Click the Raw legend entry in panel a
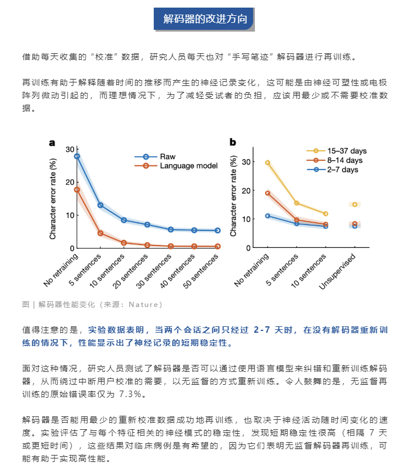[x=167, y=157]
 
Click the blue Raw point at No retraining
[x=77, y=156]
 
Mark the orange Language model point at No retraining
[x=77, y=189]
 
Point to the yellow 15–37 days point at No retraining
[x=268, y=163]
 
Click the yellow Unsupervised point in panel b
[x=355, y=204]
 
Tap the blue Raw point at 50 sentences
[x=217, y=230]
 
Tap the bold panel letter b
[x=233, y=142]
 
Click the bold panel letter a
[x=52, y=142]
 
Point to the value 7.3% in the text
[x=132, y=394]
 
